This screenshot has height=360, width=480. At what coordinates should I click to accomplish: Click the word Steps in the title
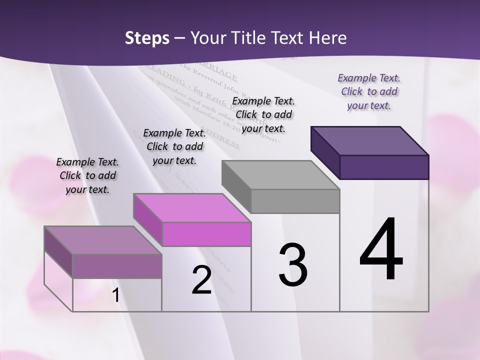[x=147, y=38]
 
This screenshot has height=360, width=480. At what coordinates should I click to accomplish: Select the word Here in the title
[x=327, y=38]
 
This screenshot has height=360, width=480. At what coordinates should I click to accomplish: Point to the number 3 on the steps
[x=293, y=264]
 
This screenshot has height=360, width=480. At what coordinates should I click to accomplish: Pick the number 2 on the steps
[x=201, y=280]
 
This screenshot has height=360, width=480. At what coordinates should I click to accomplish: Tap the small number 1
[x=116, y=295]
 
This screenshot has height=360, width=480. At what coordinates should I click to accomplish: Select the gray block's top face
[x=280, y=174]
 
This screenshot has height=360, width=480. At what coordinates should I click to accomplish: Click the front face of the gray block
[x=295, y=201]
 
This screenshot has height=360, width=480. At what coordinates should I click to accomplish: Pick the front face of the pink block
[x=206, y=234]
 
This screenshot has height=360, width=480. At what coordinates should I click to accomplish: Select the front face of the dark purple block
[x=384, y=167]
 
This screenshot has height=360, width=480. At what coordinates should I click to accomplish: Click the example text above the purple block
[x=369, y=91]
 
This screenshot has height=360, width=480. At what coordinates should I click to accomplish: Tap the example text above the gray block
[x=263, y=114]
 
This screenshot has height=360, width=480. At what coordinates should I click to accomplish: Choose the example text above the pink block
[x=174, y=146]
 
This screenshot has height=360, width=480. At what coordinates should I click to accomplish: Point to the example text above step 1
[x=87, y=175]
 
